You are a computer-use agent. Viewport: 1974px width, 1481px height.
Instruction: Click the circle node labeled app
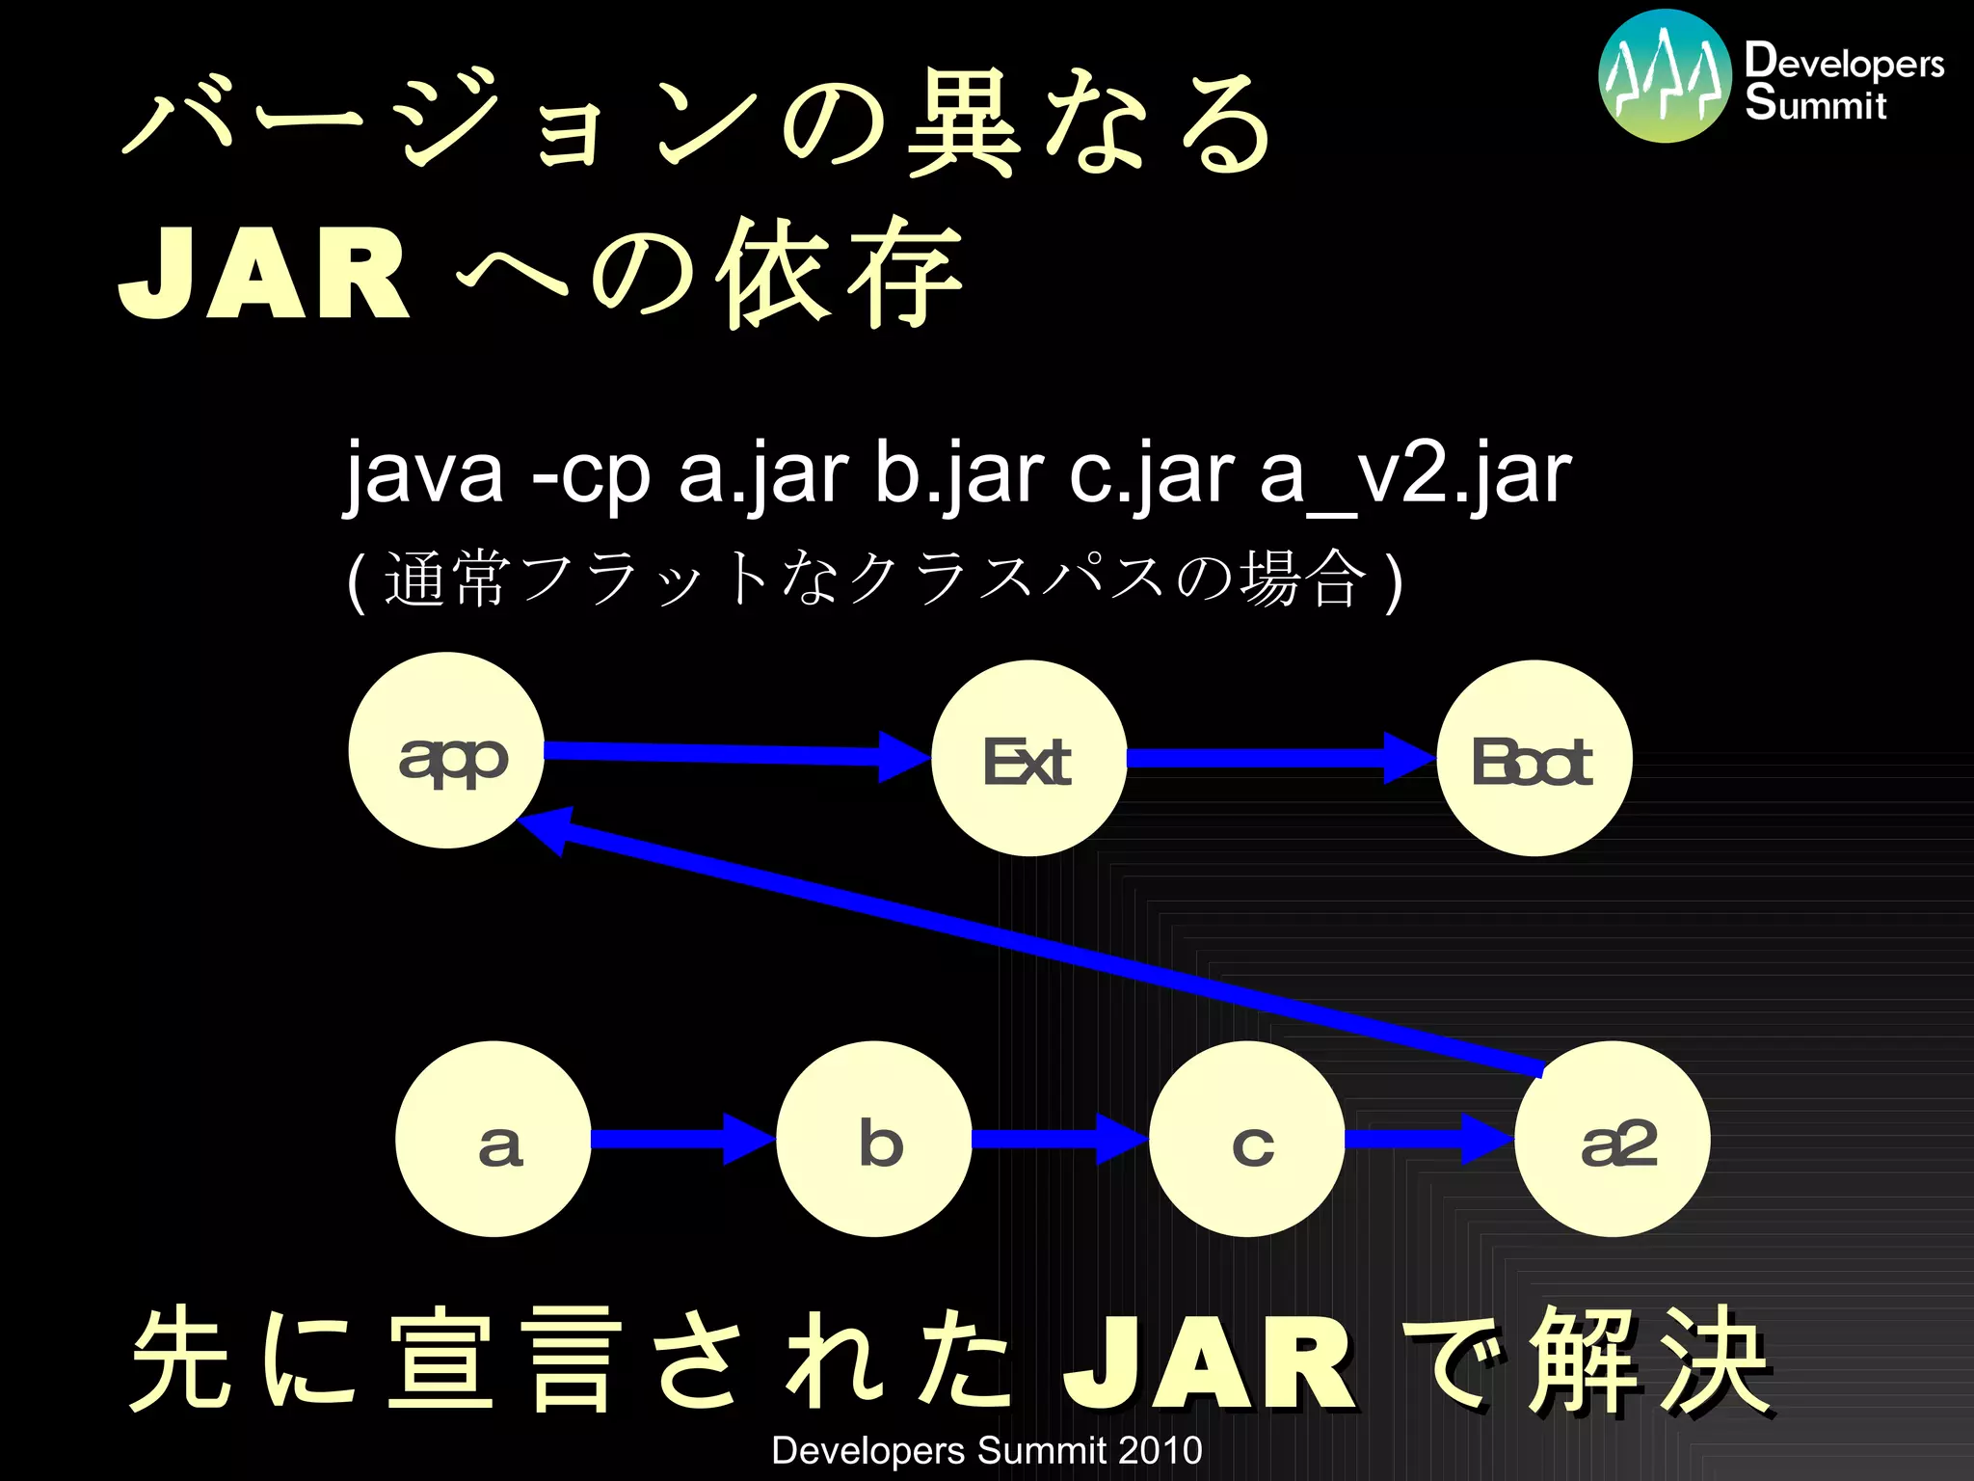446,751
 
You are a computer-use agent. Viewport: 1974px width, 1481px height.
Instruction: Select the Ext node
1028,759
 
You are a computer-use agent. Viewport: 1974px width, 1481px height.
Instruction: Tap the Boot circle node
1534,759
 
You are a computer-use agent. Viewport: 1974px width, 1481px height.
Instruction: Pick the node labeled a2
1613,1140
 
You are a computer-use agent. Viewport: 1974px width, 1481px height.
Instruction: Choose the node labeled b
874,1140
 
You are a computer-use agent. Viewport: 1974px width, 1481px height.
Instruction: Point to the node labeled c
1247,1140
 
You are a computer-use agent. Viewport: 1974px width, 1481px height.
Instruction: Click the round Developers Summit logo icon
1665,76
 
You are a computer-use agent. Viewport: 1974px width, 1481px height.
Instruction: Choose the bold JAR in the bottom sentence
1210,1362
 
